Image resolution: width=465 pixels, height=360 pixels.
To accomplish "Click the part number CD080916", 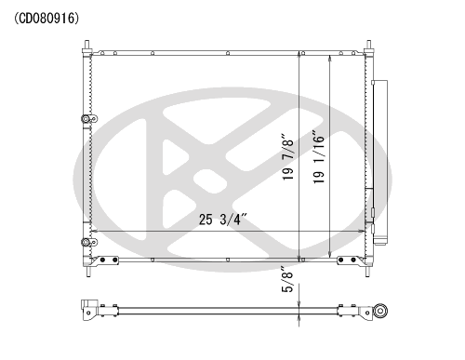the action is tap(46, 19).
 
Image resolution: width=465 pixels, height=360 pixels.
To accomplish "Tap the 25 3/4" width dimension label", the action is tap(223, 220).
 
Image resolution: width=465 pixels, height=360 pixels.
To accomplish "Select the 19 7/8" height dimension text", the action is tap(287, 157).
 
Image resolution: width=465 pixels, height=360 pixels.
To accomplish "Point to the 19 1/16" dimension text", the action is tap(318, 156).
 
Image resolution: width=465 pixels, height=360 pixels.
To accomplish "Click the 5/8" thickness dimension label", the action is tap(287, 279).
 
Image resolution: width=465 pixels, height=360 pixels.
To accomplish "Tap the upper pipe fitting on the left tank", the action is tap(89, 119).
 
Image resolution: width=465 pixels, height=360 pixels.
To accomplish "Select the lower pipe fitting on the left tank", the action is tap(89, 242).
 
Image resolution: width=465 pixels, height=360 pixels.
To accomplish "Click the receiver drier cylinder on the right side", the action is tap(379, 162).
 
